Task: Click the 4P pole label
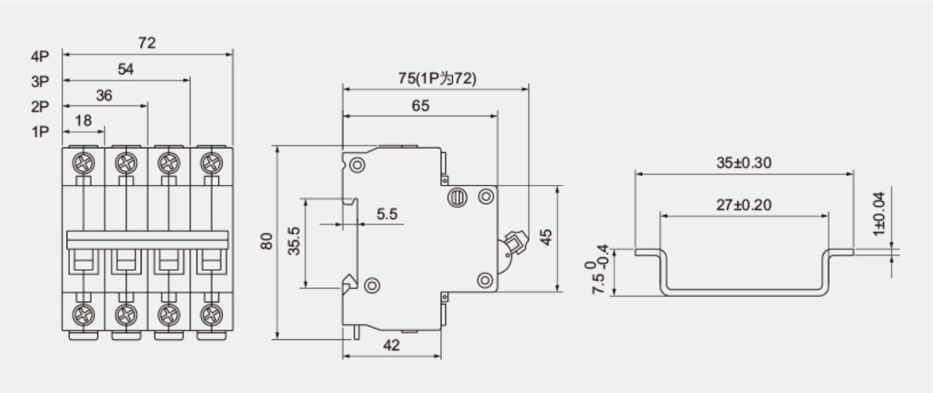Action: pyautogui.click(x=40, y=56)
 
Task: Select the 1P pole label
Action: pyautogui.click(x=40, y=132)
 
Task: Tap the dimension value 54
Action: pyautogui.click(x=126, y=69)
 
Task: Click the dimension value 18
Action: pyautogui.click(x=83, y=121)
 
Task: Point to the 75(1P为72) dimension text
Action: pyautogui.click(x=437, y=78)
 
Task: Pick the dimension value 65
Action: pyautogui.click(x=420, y=106)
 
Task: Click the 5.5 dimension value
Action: pyautogui.click(x=387, y=214)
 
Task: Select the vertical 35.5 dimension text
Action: pyautogui.click(x=294, y=241)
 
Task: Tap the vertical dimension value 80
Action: pyautogui.click(x=266, y=241)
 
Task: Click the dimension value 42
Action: pyautogui.click(x=391, y=345)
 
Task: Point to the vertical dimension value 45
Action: pyautogui.click(x=545, y=237)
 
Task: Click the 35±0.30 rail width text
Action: pyautogui.click(x=744, y=163)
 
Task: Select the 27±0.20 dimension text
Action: pyautogui.click(x=744, y=205)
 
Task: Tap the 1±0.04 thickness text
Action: pyautogui.click(x=879, y=213)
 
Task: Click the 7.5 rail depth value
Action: pyautogui.click(x=598, y=284)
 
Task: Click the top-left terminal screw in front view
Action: pyautogui.click(x=83, y=163)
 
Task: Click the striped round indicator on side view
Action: pyautogui.click(x=458, y=197)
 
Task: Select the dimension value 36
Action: pyautogui.click(x=104, y=96)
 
